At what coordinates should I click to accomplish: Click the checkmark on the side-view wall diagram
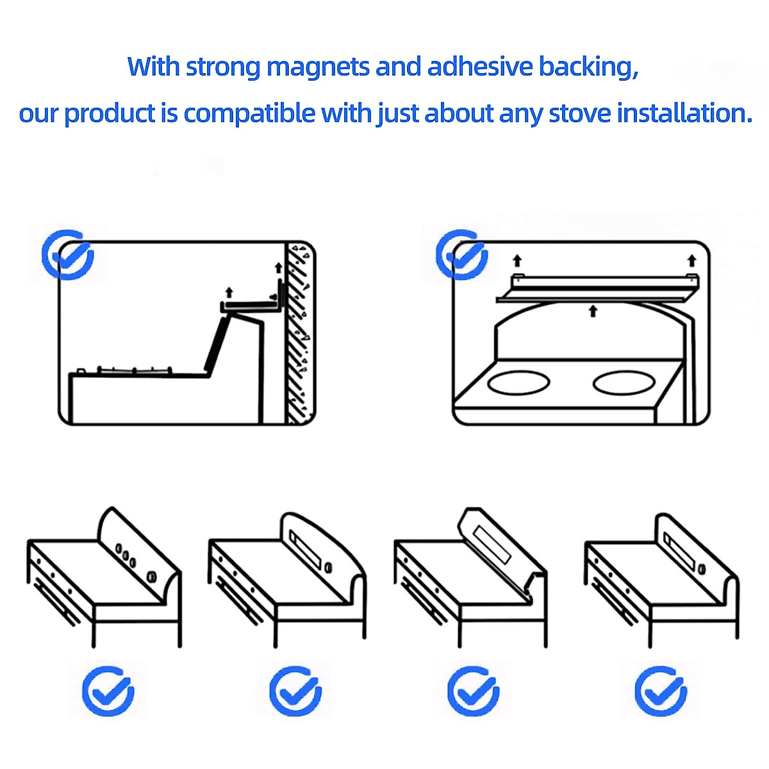point(68,254)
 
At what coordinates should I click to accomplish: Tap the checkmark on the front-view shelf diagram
point(461,254)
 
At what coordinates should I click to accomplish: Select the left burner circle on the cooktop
point(518,383)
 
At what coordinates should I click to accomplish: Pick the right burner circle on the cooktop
point(625,383)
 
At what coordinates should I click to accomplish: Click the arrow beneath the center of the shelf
point(593,311)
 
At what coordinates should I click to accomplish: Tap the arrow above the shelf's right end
point(691,260)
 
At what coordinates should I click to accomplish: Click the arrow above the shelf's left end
point(517,260)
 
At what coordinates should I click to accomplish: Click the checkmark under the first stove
point(108,691)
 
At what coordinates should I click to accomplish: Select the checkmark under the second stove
point(295,691)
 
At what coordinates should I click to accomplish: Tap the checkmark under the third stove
point(473,691)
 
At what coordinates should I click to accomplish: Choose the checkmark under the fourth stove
point(661,691)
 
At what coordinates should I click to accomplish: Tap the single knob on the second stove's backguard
point(328,566)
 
